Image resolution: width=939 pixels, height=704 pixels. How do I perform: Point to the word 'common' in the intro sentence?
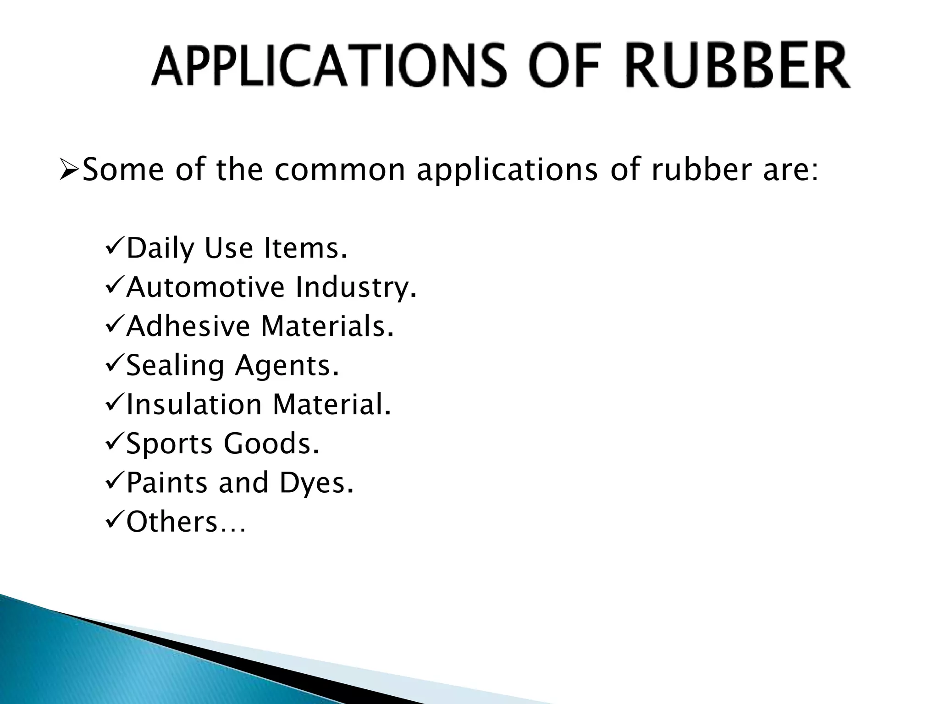pyautogui.click(x=340, y=170)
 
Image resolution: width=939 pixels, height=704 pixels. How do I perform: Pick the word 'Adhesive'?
pyautogui.click(x=188, y=326)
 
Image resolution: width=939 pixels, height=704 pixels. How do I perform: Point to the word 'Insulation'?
pyautogui.click(x=193, y=405)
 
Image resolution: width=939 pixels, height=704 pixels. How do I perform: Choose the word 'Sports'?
pyautogui.click(x=169, y=445)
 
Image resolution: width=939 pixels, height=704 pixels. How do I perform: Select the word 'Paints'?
pyautogui.click(x=166, y=483)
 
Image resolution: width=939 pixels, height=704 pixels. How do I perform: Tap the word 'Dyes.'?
pyautogui.click(x=317, y=484)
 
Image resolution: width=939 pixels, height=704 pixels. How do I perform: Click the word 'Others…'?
pyautogui.click(x=186, y=522)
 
